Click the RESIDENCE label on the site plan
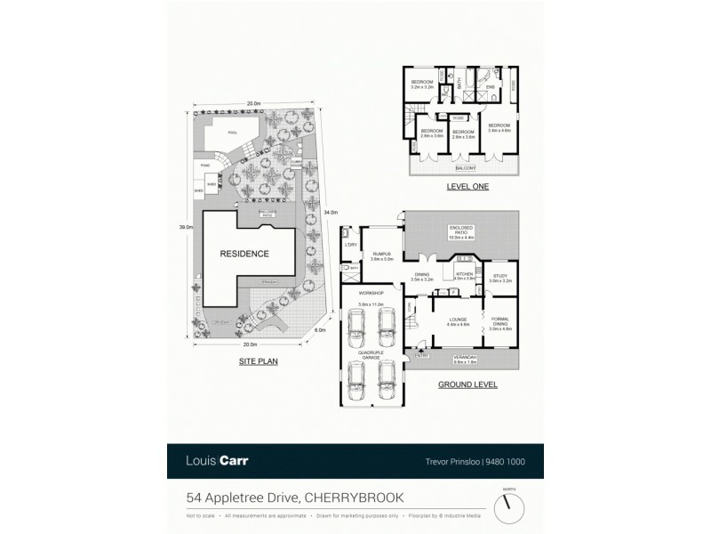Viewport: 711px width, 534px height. coord(244,254)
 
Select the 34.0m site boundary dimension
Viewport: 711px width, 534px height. coord(330,212)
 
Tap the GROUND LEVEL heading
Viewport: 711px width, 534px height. coord(467,384)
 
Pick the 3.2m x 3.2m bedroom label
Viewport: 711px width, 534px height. coord(421,85)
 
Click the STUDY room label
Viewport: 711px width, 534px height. coord(499,275)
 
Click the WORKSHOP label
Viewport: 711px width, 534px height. coord(370,293)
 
